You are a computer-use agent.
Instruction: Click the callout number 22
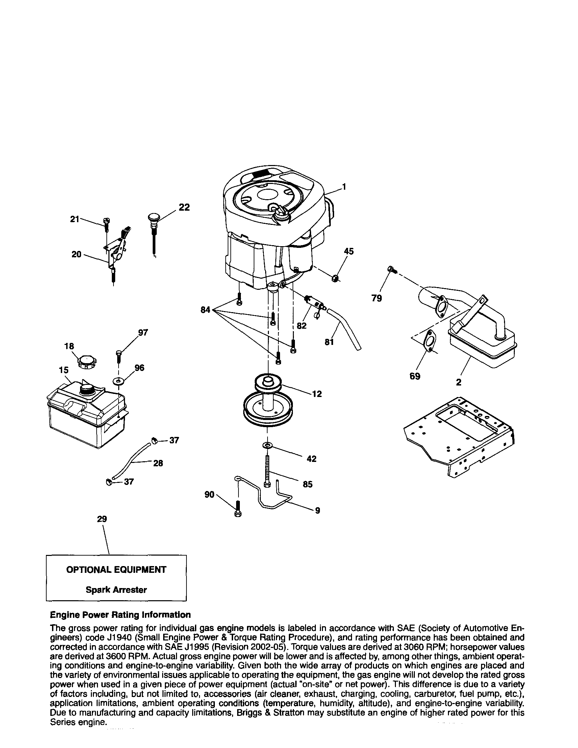[184, 208]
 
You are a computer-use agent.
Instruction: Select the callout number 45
[348, 251]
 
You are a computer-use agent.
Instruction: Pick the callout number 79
[376, 299]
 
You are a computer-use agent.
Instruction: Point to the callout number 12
[317, 394]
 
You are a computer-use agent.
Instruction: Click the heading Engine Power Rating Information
[120, 615]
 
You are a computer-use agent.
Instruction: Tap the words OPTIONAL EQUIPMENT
[116, 569]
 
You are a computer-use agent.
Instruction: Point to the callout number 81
[329, 342]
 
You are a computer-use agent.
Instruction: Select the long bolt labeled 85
[267, 471]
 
